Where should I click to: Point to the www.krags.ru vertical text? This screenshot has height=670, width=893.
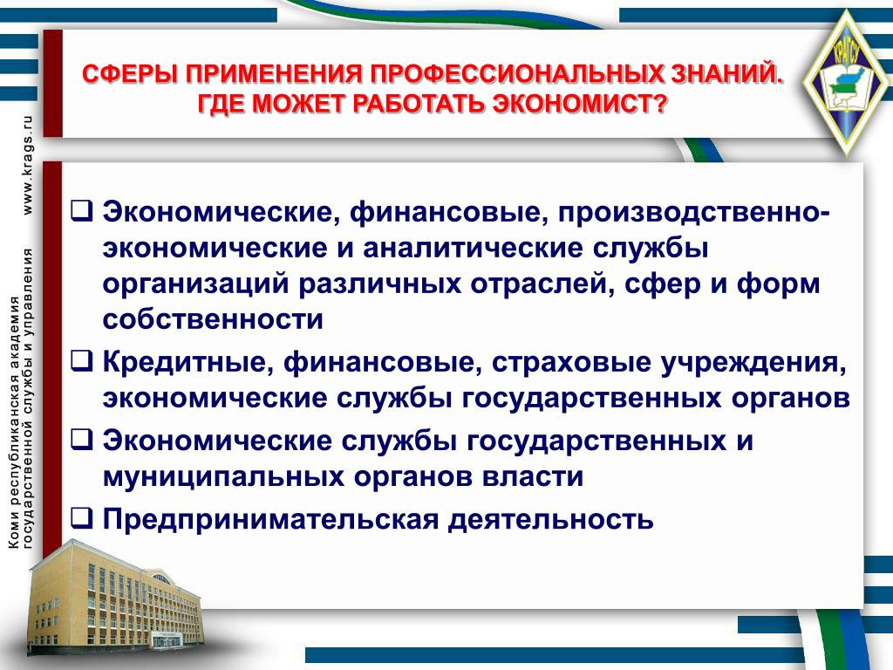coord(27,165)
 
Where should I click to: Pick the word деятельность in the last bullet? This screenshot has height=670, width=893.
coord(551,518)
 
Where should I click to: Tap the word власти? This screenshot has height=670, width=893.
coord(533,475)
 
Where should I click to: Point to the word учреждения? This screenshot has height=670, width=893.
coord(753,363)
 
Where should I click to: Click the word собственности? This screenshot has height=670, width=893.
coord(213,319)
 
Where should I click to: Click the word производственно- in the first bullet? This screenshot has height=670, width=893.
coord(693,213)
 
